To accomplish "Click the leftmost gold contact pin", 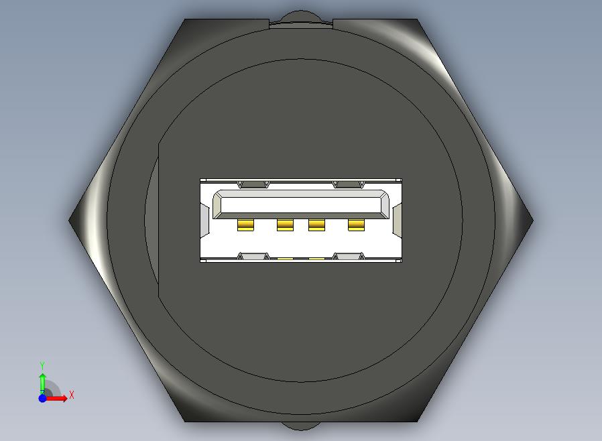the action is point(245,225).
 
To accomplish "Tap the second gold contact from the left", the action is point(285,225).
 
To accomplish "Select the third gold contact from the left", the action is point(316,225).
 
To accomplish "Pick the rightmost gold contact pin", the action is point(356,225).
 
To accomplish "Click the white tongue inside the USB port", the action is point(300,204).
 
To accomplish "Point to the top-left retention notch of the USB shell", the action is point(253,184).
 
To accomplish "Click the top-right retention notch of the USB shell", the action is point(349,184).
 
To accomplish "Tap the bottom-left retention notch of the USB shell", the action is point(253,257).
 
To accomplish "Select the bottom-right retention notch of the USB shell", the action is point(349,257).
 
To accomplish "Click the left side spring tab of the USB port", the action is point(204,219).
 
